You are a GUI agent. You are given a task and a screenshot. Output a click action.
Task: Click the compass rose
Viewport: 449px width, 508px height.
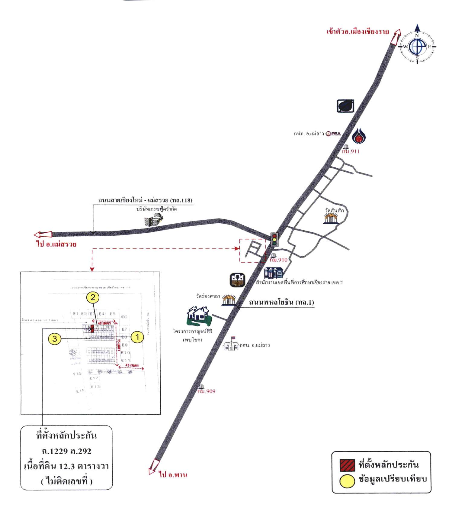point(417,47)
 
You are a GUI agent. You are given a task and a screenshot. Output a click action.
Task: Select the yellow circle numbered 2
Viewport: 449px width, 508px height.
point(93,297)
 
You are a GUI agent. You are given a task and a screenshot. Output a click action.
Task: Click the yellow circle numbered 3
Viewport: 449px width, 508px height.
point(54,339)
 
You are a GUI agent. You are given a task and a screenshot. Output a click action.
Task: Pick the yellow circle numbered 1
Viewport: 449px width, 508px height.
point(138,337)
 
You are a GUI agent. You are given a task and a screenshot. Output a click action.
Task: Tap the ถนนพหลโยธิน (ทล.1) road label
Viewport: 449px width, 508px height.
point(281,302)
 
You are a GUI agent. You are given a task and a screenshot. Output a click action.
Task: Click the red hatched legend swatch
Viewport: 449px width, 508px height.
point(347,465)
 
